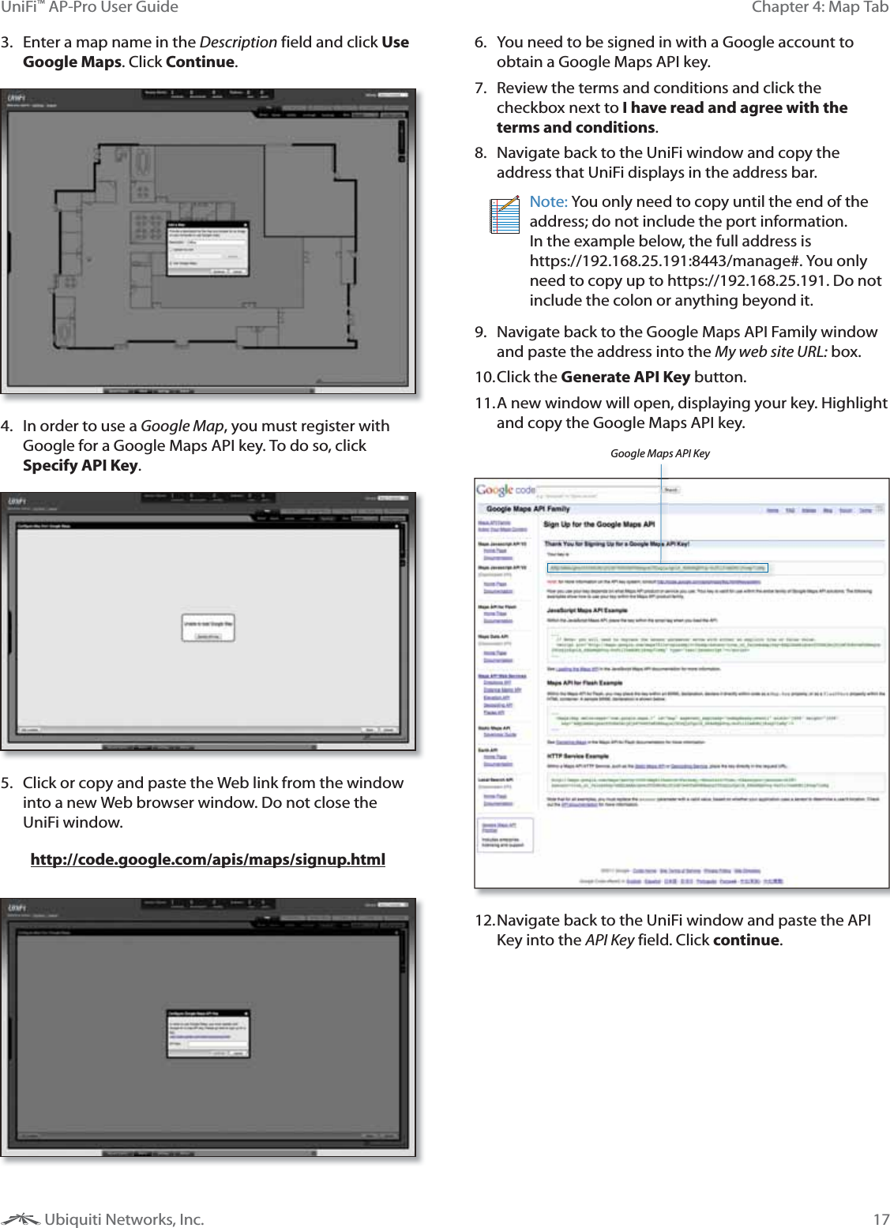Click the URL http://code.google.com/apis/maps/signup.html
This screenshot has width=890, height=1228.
point(208,858)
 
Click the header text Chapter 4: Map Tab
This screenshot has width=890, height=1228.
point(820,7)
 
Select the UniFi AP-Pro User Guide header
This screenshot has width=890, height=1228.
point(89,7)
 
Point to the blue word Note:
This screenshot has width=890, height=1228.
point(548,201)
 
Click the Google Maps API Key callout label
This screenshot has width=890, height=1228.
point(659,453)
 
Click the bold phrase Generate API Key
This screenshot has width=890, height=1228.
point(625,377)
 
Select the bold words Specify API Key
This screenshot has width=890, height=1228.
point(81,465)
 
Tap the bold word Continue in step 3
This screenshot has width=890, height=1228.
point(200,62)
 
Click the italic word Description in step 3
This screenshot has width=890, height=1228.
point(238,42)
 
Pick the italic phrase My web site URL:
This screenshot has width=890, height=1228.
point(771,351)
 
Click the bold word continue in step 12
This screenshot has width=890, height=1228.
point(746,940)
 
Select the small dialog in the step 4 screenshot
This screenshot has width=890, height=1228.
point(208,628)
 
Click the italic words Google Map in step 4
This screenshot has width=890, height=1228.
point(182,426)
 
